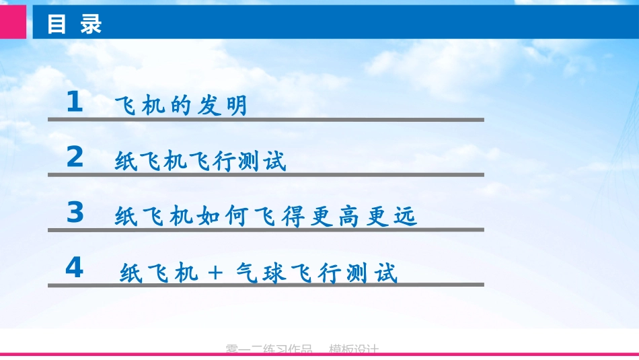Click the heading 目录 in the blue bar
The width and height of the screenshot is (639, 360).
pos(74,24)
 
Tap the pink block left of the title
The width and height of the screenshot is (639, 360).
pos(13,22)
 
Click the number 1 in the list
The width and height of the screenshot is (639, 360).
pos(75,103)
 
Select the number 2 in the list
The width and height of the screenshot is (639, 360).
pos(75,157)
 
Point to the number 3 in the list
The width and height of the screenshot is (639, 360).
pos(75,213)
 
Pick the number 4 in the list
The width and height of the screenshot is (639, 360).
pos(74,268)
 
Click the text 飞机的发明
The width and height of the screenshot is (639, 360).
pos(182,106)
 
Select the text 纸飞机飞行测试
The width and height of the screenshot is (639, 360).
pos(200,161)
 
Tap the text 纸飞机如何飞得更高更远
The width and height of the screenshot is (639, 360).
pos(266,217)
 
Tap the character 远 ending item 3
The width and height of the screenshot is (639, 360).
pos(406,217)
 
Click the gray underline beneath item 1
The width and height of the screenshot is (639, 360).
pos(266,120)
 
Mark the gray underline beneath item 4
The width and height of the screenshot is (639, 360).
pos(266,285)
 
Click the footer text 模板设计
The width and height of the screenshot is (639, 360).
pos(354,349)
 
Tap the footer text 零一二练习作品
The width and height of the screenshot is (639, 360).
pos(269,349)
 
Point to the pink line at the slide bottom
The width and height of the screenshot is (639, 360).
pos(319,355)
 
